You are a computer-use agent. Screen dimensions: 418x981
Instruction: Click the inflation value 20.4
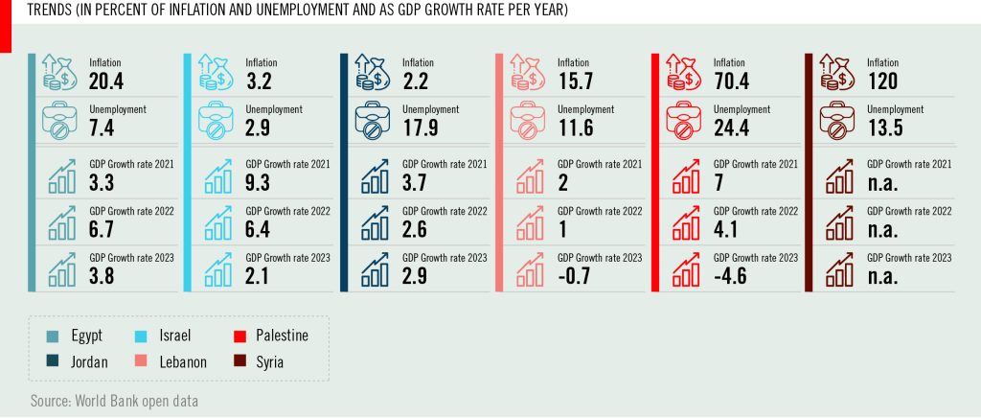point(105,80)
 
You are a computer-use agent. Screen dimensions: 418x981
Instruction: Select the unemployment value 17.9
point(419,127)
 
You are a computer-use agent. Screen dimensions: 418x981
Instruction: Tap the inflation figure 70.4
point(731,80)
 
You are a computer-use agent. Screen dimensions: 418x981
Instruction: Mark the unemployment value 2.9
point(258,127)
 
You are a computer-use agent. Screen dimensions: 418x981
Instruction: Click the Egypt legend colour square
point(52,336)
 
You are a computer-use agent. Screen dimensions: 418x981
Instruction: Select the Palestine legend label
point(282,336)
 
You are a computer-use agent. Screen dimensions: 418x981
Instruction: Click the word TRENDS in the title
point(49,10)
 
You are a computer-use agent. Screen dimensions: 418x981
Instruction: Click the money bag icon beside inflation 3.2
point(215,72)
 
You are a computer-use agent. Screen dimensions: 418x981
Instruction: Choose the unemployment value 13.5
point(886,127)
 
